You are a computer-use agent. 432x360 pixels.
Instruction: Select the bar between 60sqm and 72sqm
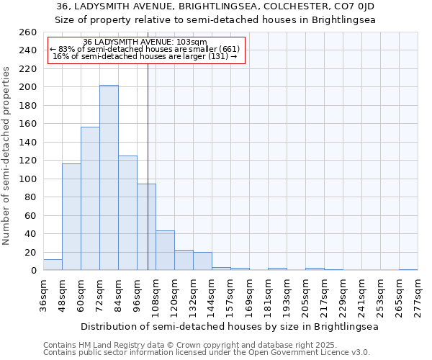[x=90, y=199]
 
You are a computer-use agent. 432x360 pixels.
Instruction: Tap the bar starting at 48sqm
[x=71, y=217]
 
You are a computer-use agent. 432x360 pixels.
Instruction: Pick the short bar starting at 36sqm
[x=53, y=265]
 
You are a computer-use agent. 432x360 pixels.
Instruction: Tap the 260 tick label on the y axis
[x=27, y=32]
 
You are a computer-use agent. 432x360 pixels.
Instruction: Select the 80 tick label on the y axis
[x=30, y=197]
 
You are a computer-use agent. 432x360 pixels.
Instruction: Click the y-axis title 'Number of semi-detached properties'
[x=7, y=155]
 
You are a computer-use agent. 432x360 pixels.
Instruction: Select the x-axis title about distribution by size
[x=229, y=326]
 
